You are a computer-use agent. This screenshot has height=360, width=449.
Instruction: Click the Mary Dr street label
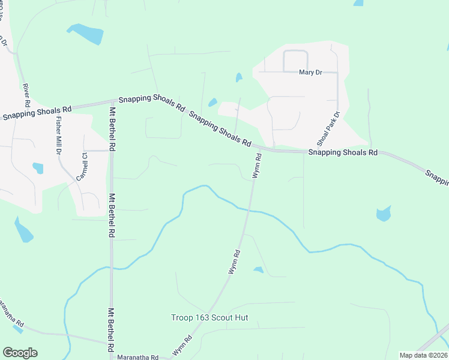pos(310,73)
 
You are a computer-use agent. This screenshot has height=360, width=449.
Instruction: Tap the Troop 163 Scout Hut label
pos(209,317)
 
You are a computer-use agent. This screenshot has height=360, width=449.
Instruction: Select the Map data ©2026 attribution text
pos(423,355)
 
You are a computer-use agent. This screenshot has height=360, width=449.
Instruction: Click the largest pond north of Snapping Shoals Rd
pos(85,33)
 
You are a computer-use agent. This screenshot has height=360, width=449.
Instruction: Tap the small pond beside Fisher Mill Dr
pos(38,168)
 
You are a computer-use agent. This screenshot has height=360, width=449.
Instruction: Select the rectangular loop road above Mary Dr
pos(295,60)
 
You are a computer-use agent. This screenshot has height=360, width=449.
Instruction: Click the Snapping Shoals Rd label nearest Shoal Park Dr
pos(343,153)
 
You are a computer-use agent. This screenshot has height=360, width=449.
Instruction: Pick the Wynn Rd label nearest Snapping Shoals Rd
pos(257,165)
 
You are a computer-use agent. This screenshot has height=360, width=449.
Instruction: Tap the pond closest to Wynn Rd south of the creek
pos(259,270)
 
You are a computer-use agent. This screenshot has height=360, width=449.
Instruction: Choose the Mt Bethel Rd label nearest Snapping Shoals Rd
pos(112,127)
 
